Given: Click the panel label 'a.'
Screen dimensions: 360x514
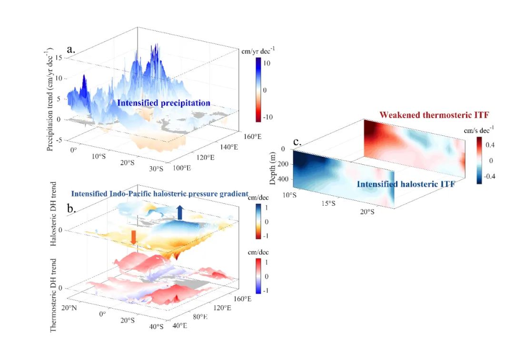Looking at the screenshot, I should click(x=72, y=49).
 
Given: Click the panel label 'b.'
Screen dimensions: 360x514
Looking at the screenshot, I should click(x=72, y=209).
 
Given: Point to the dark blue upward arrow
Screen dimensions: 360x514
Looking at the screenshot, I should click(x=180, y=212).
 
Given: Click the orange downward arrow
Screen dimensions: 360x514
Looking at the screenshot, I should click(x=134, y=237).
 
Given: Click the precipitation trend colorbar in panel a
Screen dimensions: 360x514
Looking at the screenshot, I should click(x=257, y=90).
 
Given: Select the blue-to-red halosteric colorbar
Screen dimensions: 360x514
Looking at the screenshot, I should click(x=257, y=222).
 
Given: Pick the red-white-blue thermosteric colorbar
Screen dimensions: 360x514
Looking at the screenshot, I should click(x=257, y=276).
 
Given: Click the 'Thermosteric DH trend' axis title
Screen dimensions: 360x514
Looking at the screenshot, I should click(x=54, y=295).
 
